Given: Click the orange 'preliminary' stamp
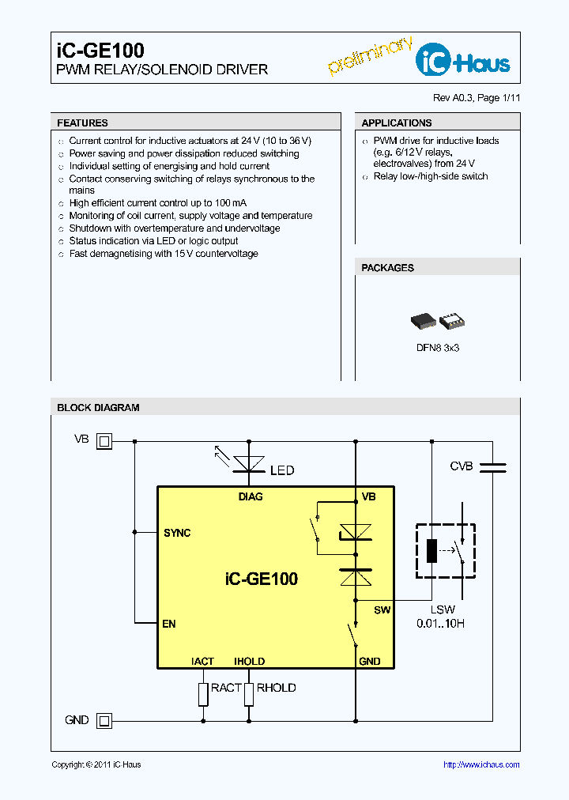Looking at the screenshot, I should point(370,56).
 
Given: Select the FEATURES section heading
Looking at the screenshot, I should point(82,123).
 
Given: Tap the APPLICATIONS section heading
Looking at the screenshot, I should point(396,123).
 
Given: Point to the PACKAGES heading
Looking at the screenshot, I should point(387,268).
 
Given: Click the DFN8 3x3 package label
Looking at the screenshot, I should point(437,348).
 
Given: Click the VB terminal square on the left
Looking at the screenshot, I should point(104,441).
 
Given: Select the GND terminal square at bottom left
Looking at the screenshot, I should point(104,720).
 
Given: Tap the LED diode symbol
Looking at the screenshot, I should point(249,463).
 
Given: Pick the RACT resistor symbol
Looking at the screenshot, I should point(203,693).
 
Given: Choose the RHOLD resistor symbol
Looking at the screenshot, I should point(249,693).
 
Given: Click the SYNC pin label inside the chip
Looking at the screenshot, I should point(177,533).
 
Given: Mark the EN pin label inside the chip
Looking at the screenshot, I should point(168,624).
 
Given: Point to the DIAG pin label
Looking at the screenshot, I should point(251,496).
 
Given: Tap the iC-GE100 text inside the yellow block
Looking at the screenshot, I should point(262,579).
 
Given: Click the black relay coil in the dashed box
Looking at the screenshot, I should point(431,550).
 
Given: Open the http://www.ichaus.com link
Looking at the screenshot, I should point(480,764).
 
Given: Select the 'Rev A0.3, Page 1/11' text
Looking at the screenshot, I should point(476,98).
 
